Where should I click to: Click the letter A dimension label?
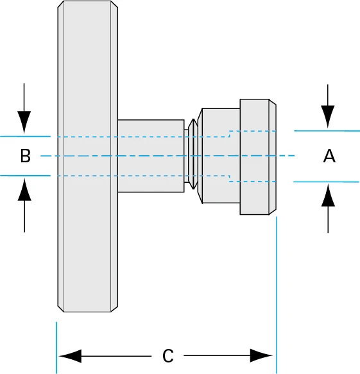coord(329,156)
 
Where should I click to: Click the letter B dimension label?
coord(25,156)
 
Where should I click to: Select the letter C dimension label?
coord(167,356)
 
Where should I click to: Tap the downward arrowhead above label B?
coord(24,121)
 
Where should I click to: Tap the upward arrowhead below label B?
coord(24,190)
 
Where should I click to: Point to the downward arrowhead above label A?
coord(328,116)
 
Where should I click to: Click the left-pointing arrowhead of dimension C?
coord(69,356)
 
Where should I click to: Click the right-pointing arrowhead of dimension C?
coord(262,356)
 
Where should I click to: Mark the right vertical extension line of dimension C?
coord(277,295)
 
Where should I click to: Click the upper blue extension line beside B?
coord(26,137)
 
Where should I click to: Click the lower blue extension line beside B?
coord(26,175)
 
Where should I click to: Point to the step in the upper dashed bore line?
coord(229,133)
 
